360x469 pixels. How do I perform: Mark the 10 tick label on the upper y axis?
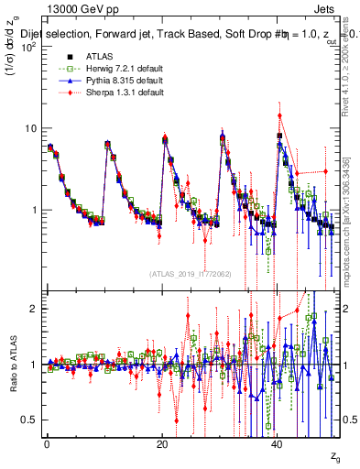point(31,128)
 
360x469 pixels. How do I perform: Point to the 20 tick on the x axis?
point(162,444)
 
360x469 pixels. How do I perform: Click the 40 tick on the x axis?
point(278,444)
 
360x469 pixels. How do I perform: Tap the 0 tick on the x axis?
point(47,444)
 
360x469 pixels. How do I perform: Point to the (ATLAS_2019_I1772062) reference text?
point(191,273)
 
